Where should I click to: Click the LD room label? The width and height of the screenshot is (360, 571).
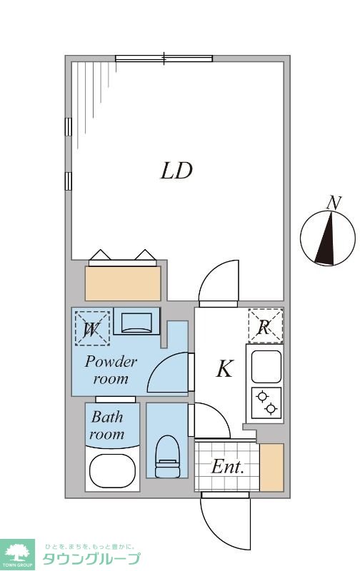(176, 171)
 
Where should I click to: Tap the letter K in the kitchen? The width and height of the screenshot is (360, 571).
(224, 368)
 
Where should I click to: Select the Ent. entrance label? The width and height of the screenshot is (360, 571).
(227, 467)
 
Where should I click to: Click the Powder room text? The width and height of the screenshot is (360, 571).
(111, 370)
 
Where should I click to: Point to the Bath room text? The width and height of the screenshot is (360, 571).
(107, 425)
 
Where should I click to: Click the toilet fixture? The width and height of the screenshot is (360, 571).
(168, 456)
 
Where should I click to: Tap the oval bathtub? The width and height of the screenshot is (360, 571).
(113, 471)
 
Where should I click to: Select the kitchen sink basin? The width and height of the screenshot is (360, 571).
(266, 367)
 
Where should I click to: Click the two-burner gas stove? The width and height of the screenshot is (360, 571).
(266, 403)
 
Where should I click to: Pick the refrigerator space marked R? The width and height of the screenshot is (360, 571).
(265, 326)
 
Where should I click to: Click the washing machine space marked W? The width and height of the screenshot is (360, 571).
(92, 328)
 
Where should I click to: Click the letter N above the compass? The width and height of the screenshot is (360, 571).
(334, 203)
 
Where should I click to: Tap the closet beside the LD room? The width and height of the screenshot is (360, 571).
(123, 283)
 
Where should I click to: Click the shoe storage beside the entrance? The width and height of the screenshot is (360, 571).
(271, 468)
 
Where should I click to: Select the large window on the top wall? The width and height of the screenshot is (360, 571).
(164, 59)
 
